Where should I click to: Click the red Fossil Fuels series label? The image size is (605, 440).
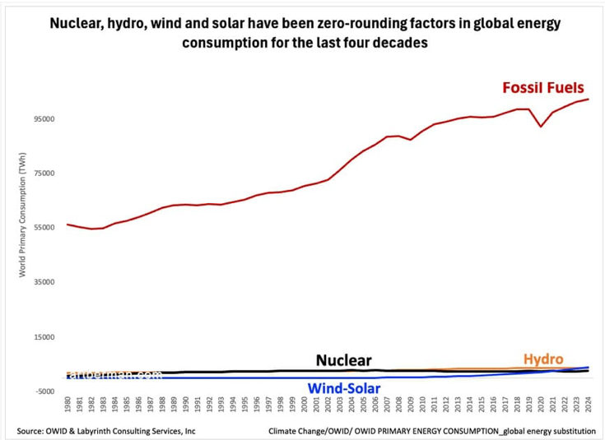544,87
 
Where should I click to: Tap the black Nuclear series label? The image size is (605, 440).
343,360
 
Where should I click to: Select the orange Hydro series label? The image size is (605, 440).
543,359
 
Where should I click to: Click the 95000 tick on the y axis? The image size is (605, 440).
43,119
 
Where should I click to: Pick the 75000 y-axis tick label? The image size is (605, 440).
43,174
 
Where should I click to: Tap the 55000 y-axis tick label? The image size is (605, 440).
43,228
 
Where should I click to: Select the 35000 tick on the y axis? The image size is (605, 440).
43,282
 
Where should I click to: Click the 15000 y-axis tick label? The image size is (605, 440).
43,336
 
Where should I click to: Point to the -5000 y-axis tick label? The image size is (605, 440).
43,391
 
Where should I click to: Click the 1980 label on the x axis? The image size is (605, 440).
67,405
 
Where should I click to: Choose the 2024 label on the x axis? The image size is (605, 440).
588,405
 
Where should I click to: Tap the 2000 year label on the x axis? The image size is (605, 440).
304,405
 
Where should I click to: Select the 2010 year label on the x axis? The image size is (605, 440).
422,405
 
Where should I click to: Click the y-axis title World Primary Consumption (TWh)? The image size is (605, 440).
24,214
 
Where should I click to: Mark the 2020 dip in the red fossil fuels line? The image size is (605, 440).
541,126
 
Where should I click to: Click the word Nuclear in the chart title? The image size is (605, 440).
78,23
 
